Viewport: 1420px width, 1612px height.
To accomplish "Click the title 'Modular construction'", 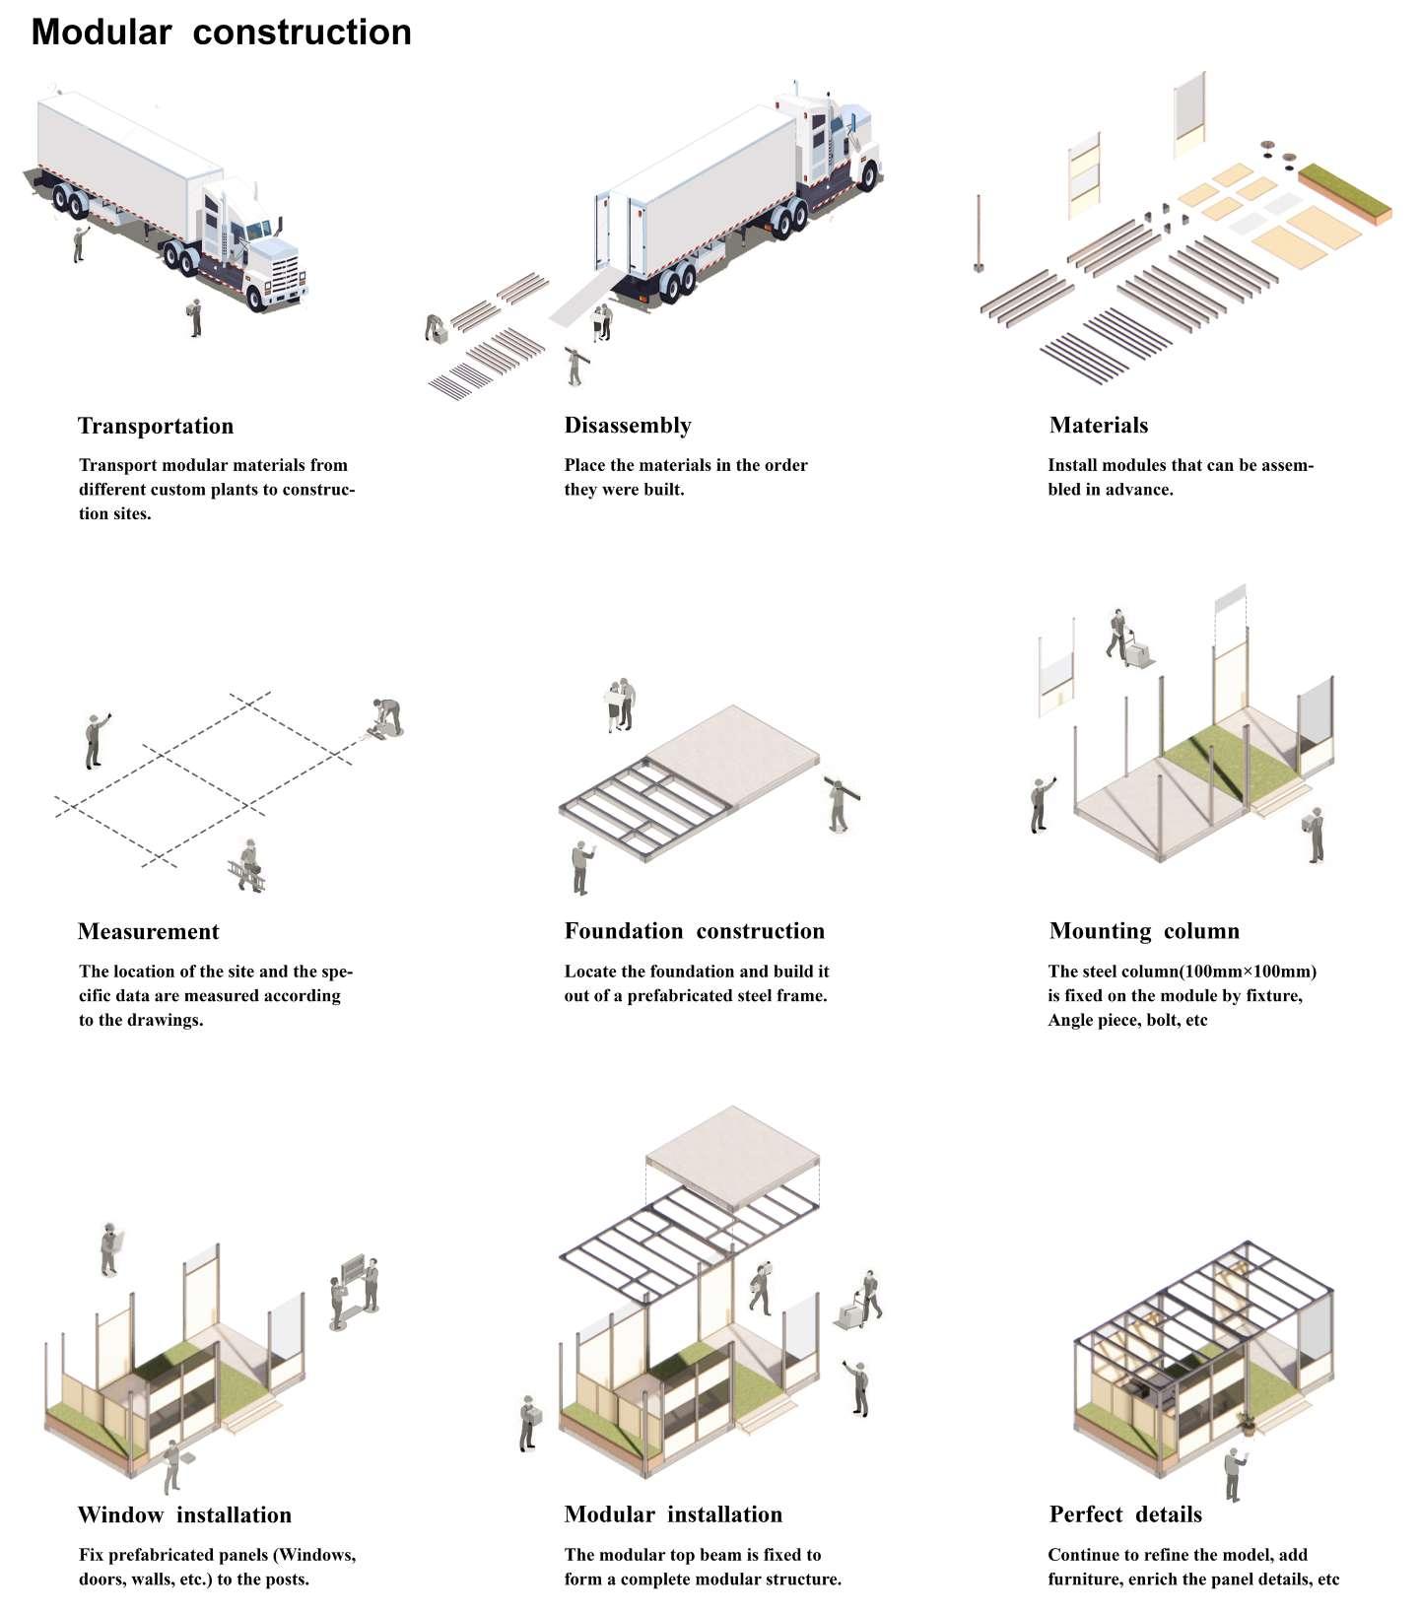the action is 221,33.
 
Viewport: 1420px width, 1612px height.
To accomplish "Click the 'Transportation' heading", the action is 156,426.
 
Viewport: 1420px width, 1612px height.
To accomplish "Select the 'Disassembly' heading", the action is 628,425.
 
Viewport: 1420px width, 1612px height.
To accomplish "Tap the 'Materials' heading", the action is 1099,425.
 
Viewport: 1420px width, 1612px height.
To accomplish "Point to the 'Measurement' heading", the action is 148,931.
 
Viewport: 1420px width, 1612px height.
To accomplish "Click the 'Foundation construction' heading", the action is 694,931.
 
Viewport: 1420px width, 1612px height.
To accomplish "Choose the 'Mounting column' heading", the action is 1144,931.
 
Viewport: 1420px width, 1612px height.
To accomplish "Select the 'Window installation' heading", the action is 184,1514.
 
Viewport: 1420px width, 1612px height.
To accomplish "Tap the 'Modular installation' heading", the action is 673,1514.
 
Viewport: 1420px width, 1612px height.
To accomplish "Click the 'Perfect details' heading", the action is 1125,1514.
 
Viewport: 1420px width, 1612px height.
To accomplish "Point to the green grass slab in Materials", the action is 1344,192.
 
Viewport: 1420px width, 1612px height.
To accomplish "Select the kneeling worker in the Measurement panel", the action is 385,717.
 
